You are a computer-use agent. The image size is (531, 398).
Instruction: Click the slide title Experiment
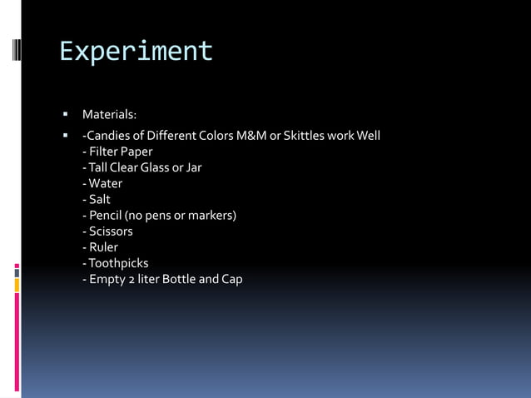click(x=136, y=52)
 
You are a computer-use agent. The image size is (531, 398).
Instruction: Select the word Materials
click(x=108, y=114)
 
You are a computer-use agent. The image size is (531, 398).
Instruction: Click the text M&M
click(x=251, y=136)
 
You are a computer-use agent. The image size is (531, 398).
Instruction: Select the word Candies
click(x=110, y=136)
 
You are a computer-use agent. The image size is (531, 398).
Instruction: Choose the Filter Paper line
click(x=117, y=152)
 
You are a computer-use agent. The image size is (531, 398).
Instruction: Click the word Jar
click(x=192, y=167)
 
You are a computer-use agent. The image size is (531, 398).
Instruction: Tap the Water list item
click(x=102, y=183)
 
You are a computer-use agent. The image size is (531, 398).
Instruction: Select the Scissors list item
click(x=107, y=231)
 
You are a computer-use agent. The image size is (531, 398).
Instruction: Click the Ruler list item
click(x=101, y=247)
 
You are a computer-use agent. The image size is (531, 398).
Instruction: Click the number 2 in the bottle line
click(x=132, y=280)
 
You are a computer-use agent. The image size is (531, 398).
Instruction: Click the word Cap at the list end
click(x=231, y=280)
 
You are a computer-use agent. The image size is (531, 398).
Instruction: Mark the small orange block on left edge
click(x=16, y=286)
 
